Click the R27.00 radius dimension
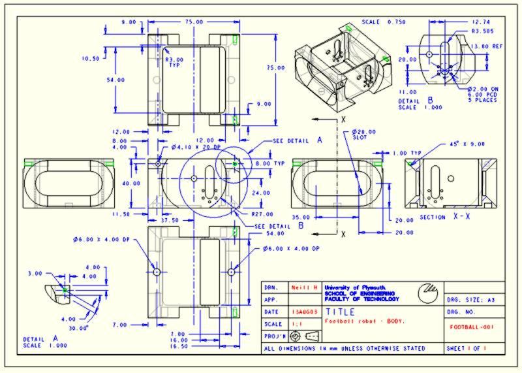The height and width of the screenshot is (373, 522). tap(262, 214)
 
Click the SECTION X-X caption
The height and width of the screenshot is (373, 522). tap(444, 216)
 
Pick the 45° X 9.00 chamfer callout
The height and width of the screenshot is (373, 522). tap(467, 144)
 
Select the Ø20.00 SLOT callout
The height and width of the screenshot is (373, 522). tap(359, 134)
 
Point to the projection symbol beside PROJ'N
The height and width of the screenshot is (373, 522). tap(305, 336)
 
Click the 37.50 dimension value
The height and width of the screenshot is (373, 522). tap(171, 220)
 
